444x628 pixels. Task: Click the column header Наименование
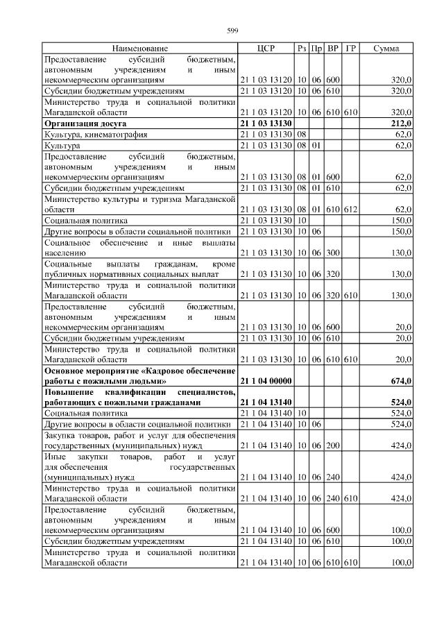[x=139, y=49]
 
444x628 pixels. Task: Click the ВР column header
[x=333, y=49]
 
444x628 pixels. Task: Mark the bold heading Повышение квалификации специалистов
[x=139, y=397]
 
